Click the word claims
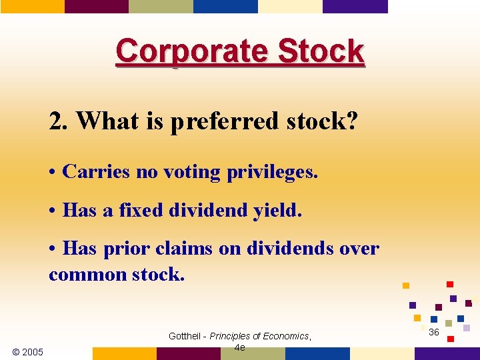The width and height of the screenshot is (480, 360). tap(183, 249)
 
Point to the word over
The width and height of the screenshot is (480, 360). tap(359, 249)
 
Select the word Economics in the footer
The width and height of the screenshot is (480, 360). tap(284, 336)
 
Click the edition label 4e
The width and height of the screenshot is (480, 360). tap(240, 347)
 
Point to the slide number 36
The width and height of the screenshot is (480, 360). tap(434, 332)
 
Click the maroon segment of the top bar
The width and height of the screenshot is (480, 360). tap(96, 6)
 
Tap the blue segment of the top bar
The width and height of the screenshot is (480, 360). tap(225, 6)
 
